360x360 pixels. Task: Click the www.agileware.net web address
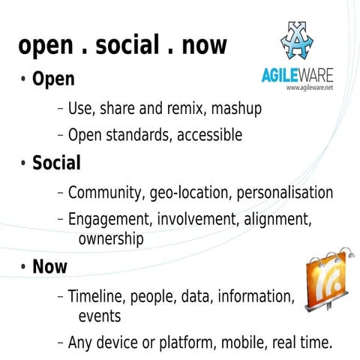[x=309, y=88]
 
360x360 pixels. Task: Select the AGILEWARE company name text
[x=297, y=75]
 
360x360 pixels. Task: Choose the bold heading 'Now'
[x=49, y=266]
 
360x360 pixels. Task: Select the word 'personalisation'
[x=285, y=192]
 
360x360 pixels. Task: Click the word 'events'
[x=99, y=315]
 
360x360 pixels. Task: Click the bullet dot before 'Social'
[x=24, y=163]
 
